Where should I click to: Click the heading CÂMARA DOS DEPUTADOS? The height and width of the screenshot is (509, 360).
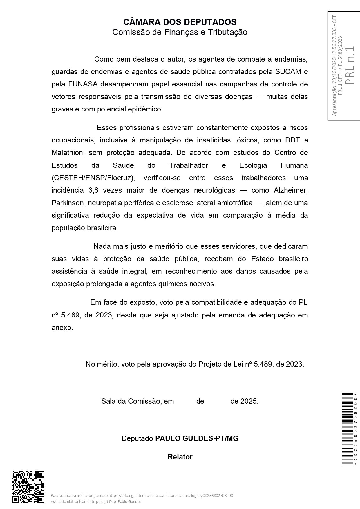tap(180, 22)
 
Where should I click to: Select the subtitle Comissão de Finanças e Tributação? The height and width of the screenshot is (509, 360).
tap(180, 32)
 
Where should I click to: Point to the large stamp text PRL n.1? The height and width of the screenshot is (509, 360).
tap(350, 66)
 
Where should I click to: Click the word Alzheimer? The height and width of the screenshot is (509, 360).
tap(290, 190)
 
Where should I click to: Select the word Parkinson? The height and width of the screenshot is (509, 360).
tap(68, 203)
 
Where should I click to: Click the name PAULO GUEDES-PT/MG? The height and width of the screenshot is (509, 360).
tap(197, 438)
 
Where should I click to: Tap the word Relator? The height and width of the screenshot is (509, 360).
tap(180, 457)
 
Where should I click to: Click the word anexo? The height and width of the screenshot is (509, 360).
tap(62, 328)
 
